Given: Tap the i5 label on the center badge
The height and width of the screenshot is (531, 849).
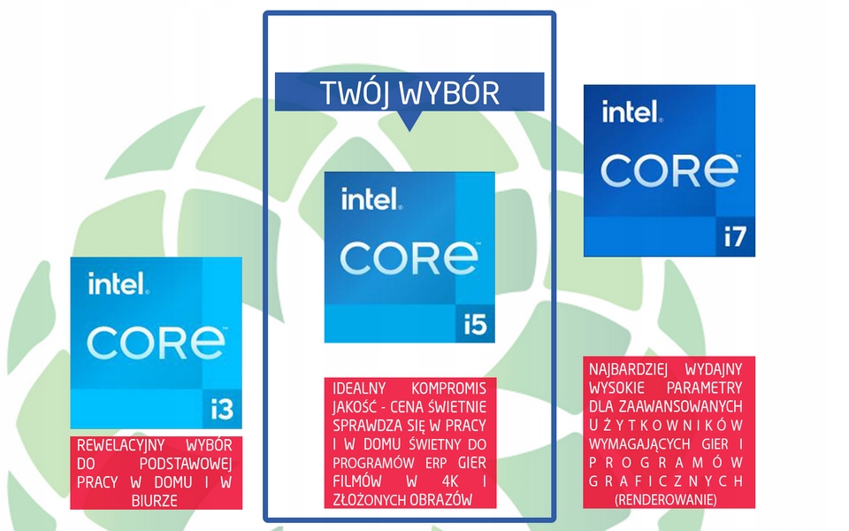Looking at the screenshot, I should coord(476,325).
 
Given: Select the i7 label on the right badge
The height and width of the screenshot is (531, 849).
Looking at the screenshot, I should coord(736,237).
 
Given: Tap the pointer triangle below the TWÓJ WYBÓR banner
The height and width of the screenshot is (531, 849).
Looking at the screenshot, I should coord(409,121).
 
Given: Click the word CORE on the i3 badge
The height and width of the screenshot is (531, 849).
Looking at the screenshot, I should coord(157,342).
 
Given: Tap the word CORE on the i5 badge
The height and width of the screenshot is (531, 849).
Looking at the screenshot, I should coord(409,258).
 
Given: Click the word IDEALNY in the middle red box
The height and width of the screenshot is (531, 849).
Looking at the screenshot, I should coord(359,389).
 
